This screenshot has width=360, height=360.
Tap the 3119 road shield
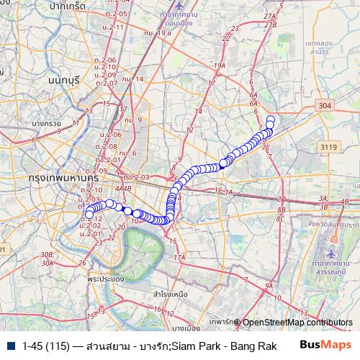click(x=329, y=147)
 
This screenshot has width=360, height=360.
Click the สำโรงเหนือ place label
click(x=171, y=294)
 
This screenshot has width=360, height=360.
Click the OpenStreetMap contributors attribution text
click(x=297, y=323)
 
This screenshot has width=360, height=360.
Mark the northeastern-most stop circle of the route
click(x=271, y=120)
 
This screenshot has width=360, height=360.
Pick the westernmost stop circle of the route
click(x=89, y=215)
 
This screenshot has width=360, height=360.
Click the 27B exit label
click(x=271, y=25)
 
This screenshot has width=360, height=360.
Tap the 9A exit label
click(x=269, y=286)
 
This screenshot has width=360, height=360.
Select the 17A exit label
click(x=179, y=257)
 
